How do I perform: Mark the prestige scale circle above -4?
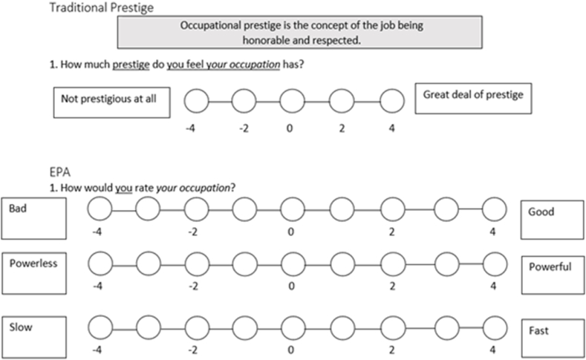click(195, 100)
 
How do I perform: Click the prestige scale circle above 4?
click(391, 100)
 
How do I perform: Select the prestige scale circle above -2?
click(244, 100)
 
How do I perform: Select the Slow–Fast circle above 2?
click(394, 326)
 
